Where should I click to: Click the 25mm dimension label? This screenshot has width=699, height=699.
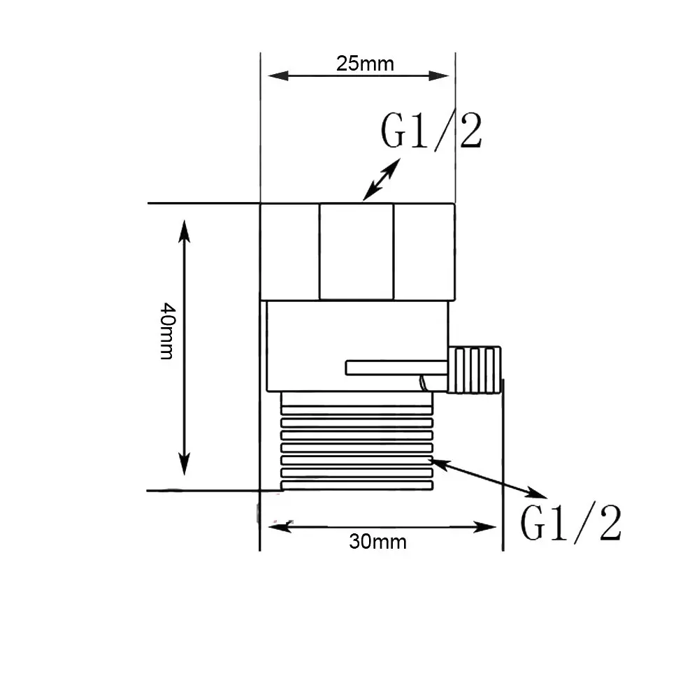pos(365,64)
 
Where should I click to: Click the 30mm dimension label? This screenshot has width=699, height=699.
pos(377,541)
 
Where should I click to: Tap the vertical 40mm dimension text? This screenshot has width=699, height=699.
pos(166,330)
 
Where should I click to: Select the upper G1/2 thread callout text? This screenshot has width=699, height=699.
pos(431,130)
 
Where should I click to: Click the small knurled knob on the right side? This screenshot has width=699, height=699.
pos(475,369)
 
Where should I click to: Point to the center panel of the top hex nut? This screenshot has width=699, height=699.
pos(356,252)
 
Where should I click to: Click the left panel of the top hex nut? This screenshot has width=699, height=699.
pos(290,252)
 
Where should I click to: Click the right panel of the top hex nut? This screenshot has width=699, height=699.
pos(424,252)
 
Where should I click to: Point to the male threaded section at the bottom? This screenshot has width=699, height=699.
pos(356,440)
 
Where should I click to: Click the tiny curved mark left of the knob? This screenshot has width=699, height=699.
pos(422,382)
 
